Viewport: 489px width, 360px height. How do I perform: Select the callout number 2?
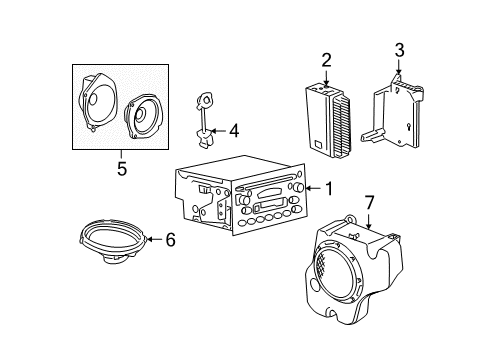pyautogui.click(x=325, y=58)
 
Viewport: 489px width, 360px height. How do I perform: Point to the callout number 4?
pyautogui.click(x=233, y=129)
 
